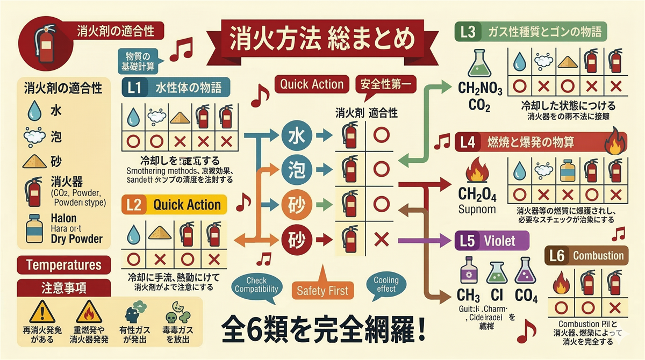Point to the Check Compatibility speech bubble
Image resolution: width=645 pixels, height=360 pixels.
256,285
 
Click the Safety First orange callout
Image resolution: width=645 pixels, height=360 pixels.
322,290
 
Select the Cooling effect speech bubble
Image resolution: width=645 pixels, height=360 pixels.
386,284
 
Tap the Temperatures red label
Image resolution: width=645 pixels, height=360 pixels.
63,265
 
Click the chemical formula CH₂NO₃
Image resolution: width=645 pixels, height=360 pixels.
479,88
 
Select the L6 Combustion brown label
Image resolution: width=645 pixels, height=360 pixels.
586,256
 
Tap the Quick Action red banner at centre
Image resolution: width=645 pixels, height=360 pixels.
312,84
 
